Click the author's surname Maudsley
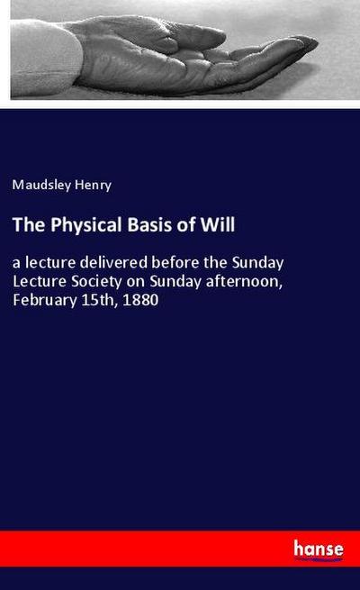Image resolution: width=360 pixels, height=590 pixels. click(41, 186)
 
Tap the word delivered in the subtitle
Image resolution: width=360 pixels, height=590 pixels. click(118, 263)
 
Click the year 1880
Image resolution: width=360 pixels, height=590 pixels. click(141, 299)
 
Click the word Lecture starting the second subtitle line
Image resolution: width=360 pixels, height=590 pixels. click(37, 281)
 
